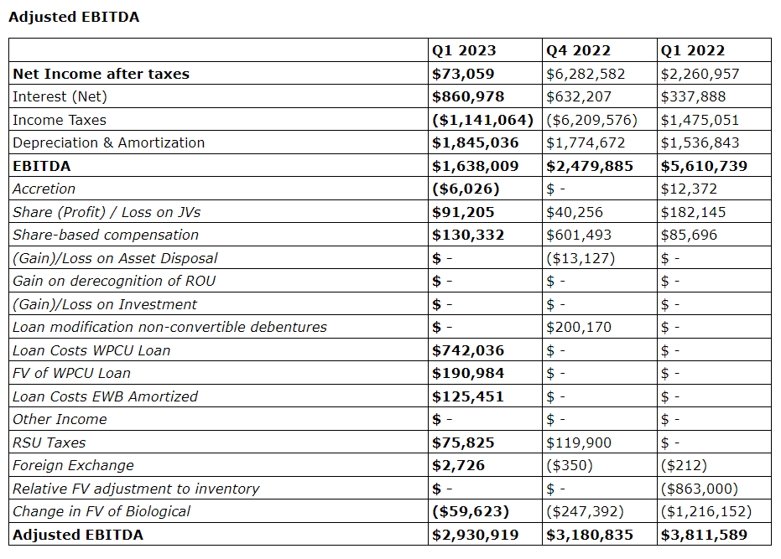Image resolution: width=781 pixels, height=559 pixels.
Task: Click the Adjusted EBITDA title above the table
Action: [x=74, y=17]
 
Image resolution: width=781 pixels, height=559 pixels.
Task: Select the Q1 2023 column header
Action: [x=464, y=50]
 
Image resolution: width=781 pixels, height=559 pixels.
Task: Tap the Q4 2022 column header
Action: [x=579, y=50]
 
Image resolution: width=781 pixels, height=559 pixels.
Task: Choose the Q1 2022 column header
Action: [x=693, y=50]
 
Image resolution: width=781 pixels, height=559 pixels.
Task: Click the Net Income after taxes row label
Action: [x=101, y=74]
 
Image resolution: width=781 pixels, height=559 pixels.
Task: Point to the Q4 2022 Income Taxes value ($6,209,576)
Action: [x=592, y=120]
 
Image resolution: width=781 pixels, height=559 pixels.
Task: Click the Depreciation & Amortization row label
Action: [x=108, y=142]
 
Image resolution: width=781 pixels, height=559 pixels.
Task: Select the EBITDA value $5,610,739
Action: [x=704, y=166]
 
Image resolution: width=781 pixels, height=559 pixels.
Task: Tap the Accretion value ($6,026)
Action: [x=466, y=189]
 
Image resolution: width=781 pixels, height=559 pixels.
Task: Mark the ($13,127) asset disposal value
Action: [x=581, y=258]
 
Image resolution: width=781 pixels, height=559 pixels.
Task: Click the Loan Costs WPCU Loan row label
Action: [x=91, y=350]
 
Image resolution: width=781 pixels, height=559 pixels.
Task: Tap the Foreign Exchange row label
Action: [x=73, y=465]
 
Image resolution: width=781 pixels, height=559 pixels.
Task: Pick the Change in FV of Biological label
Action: [x=102, y=511]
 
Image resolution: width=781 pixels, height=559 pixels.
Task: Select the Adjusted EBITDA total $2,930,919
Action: [x=475, y=535]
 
